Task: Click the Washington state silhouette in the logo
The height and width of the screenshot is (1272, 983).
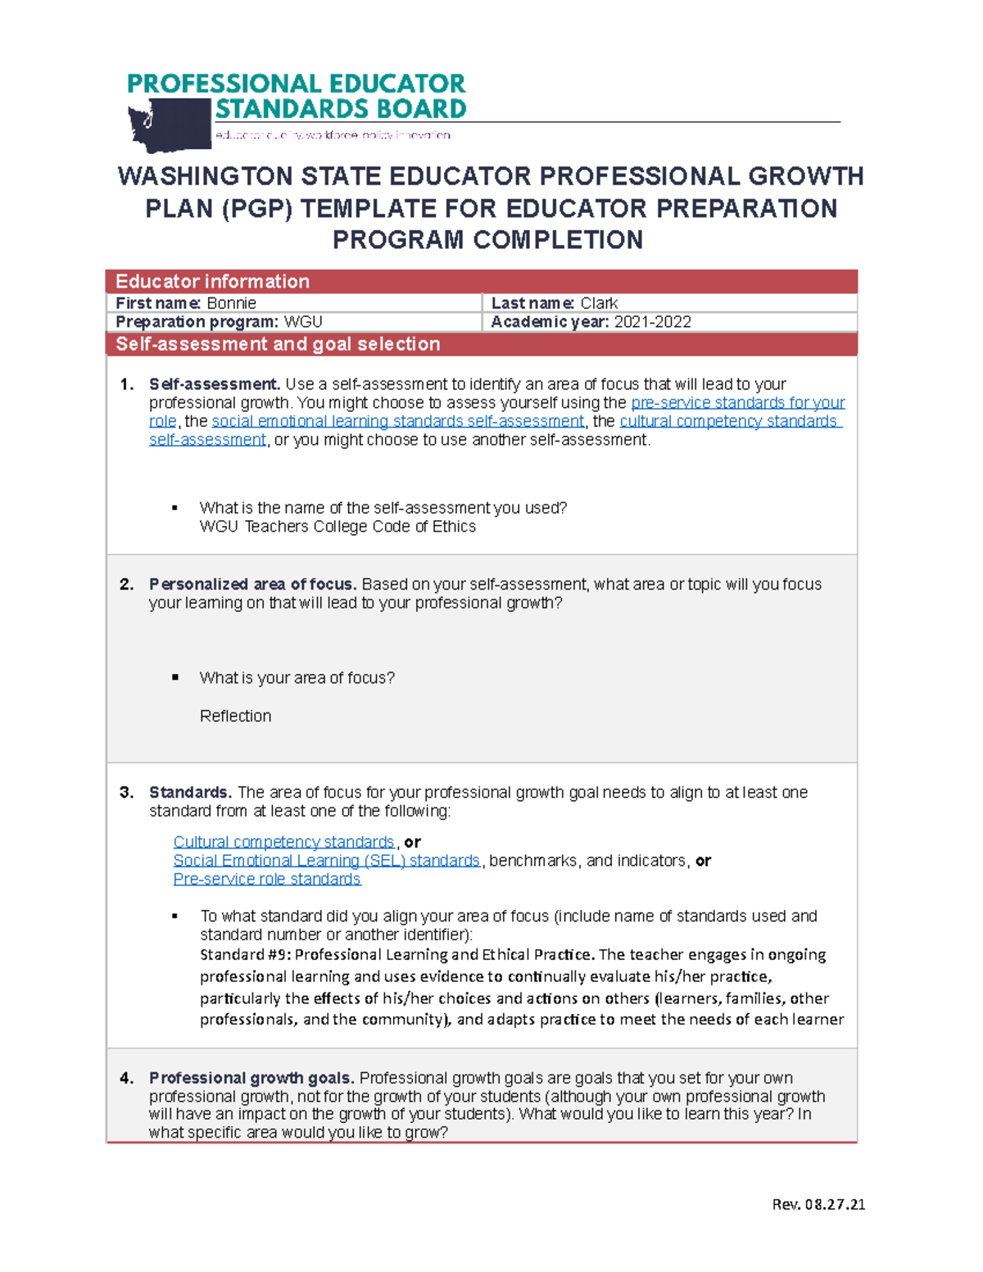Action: pos(170,125)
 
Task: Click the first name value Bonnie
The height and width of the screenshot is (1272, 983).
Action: pos(231,303)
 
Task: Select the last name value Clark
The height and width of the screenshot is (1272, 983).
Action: pos(599,303)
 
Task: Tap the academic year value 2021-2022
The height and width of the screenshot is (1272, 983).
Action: pos(653,322)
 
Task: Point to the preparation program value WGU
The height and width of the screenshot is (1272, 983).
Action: pos(303,322)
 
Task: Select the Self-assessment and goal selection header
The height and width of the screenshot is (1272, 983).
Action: pos(278,344)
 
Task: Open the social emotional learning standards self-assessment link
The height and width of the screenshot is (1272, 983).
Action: pos(397,421)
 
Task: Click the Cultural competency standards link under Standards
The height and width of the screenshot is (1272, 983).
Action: pos(283,842)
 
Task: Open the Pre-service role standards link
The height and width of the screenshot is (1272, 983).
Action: pos(266,879)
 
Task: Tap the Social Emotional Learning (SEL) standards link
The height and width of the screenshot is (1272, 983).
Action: pos(326,861)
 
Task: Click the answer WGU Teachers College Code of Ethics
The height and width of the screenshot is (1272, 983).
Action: pos(337,527)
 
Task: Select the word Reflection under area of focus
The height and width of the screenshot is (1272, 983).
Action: pos(235,716)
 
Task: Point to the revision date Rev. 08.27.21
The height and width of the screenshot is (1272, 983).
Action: pos(818,1204)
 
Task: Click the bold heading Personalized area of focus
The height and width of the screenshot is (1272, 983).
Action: pos(252,584)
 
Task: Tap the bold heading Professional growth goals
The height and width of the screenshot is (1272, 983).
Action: pos(251,1078)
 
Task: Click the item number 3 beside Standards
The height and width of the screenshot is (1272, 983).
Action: pos(126,792)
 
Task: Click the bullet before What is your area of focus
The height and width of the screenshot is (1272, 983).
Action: pos(175,677)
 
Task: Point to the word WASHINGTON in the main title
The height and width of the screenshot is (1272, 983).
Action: pos(205,177)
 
